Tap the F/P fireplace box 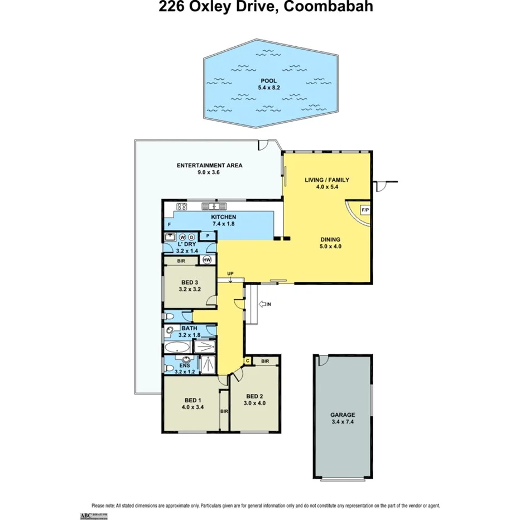tap(365, 210)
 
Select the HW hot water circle tap(207, 260)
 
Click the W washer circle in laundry tap(182, 237)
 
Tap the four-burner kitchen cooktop tap(183, 206)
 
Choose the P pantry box tap(207, 237)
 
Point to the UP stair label tap(230, 273)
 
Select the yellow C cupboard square tap(247, 361)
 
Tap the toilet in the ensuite tap(168, 368)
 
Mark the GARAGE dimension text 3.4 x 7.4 tap(341, 422)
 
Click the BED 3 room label tap(190, 282)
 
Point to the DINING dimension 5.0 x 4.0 tap(329, 246)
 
